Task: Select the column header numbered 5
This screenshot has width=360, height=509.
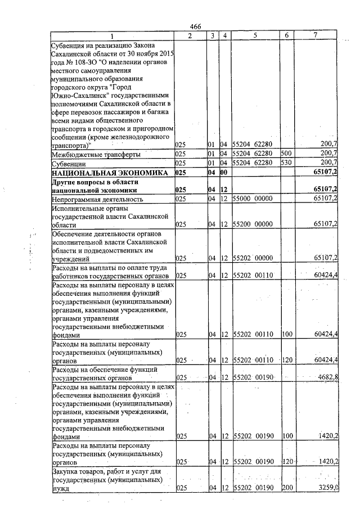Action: [255, 35]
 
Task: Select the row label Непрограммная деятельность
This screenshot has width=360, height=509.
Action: [96, 199]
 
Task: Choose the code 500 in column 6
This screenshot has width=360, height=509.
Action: [285, 154]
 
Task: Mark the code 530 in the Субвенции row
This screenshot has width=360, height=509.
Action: [285, 163]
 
